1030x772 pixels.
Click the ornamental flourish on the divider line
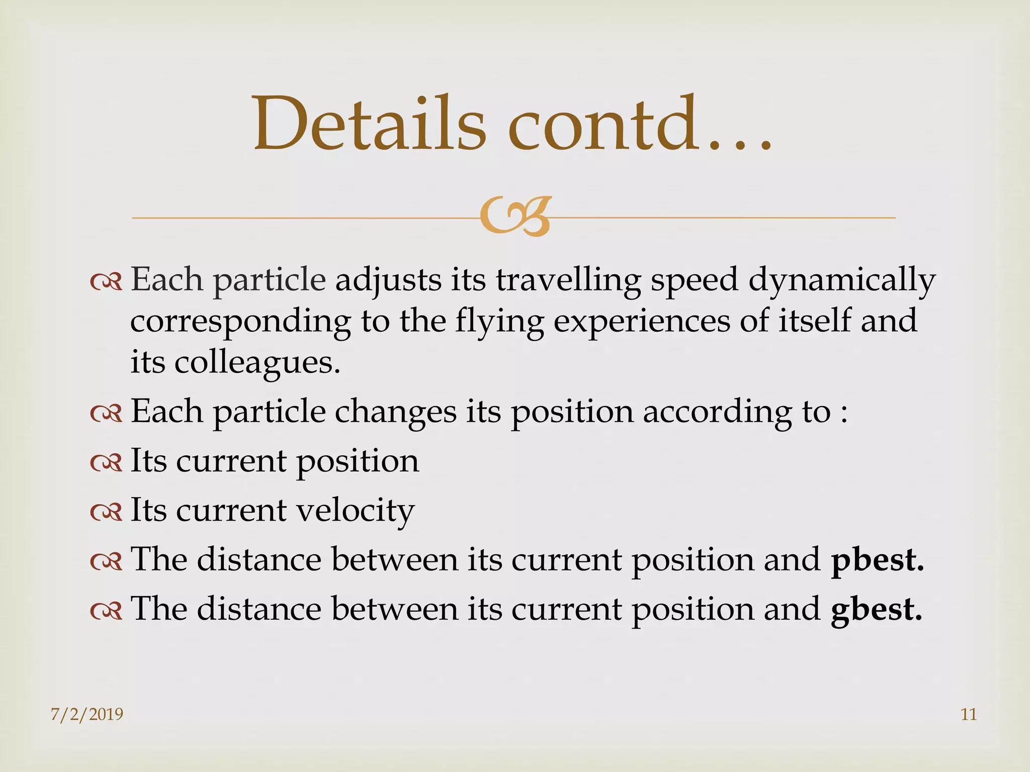[515, 217]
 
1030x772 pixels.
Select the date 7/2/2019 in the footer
[87, 714]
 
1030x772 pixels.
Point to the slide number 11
[969, 714]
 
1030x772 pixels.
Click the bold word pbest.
[878, 560]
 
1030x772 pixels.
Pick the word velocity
[355, 511]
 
